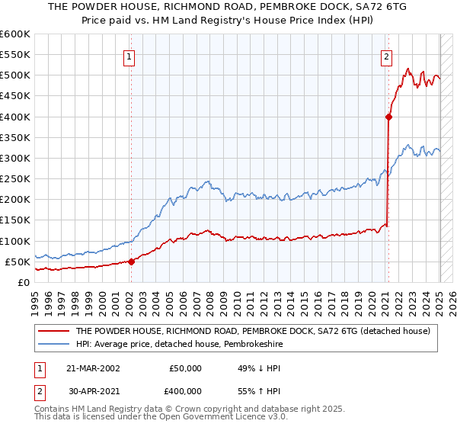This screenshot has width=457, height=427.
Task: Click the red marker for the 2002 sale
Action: tap(131, 262)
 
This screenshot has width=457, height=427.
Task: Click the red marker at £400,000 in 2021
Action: tap(388, 117)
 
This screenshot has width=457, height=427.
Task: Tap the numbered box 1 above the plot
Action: tap(129, 56)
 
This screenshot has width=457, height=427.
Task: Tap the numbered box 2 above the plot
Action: tap(387, 56)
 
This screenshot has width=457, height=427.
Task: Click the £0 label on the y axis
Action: tap(24, 282)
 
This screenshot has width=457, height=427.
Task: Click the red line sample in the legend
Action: tap(53, 331)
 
